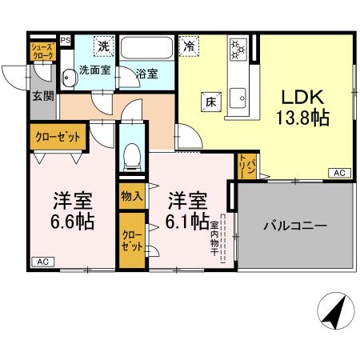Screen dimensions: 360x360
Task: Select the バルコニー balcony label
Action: (x=295, y=226)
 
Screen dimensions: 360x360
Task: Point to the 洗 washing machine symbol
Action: (x=103, y=46)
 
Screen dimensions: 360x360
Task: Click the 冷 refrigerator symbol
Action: (x=189, y=46)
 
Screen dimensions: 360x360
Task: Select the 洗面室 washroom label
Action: (x=95, y=70)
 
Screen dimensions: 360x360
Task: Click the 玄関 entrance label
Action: (x=43, y=96)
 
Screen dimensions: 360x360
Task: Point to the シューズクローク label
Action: (x=42, y=52)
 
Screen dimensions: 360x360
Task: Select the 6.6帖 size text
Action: (x=74, y=219)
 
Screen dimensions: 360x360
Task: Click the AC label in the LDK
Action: (x=338, y=173)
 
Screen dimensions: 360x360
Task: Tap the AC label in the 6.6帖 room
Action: (x=40, y=261)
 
